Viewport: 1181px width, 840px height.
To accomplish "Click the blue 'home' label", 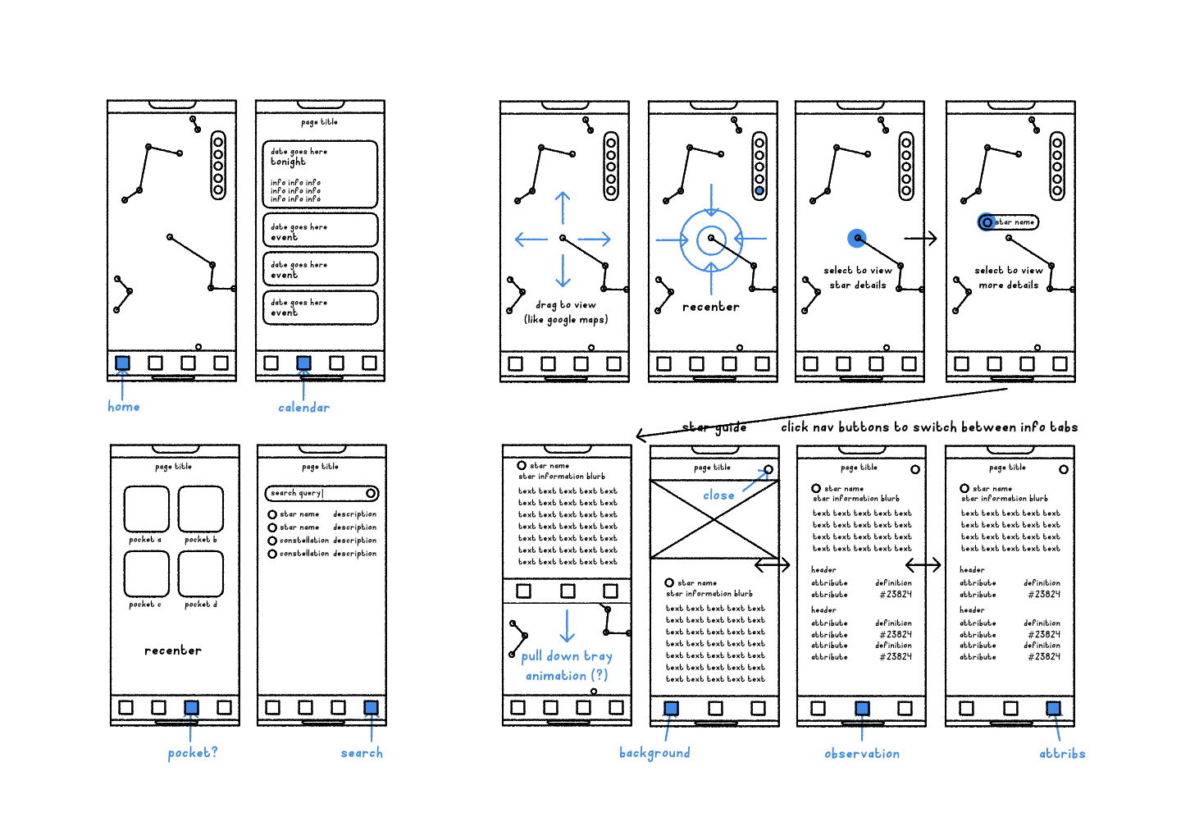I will point(124,407).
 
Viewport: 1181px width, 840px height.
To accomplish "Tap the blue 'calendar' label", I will point(303,408).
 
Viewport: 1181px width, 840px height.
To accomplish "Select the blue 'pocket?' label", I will point(193,752).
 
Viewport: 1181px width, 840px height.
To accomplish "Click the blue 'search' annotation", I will point(362,753).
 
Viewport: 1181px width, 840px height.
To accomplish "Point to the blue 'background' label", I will point(654,753).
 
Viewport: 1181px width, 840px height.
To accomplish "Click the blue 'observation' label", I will point(862,754).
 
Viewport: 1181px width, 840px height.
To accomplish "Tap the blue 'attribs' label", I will point(1062,754).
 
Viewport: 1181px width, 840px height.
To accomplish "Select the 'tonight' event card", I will point(320,174).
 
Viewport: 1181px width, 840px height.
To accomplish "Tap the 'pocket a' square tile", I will point(146,509).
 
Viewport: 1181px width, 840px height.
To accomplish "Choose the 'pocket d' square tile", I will point(201,573).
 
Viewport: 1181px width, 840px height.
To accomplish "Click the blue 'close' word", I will point(718,495).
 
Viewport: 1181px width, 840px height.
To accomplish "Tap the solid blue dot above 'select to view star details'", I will point(857,238).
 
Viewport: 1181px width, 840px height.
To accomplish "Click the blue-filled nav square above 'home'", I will point(122,363).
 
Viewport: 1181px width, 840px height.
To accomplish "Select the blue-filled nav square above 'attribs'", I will point(1053,708).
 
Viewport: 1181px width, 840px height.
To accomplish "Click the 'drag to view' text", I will point(566,305).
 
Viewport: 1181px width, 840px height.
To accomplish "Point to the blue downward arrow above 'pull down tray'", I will point(568,626).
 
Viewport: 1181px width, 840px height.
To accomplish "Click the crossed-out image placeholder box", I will point(714,519).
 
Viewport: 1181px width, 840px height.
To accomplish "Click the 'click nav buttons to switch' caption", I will point(929,427).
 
